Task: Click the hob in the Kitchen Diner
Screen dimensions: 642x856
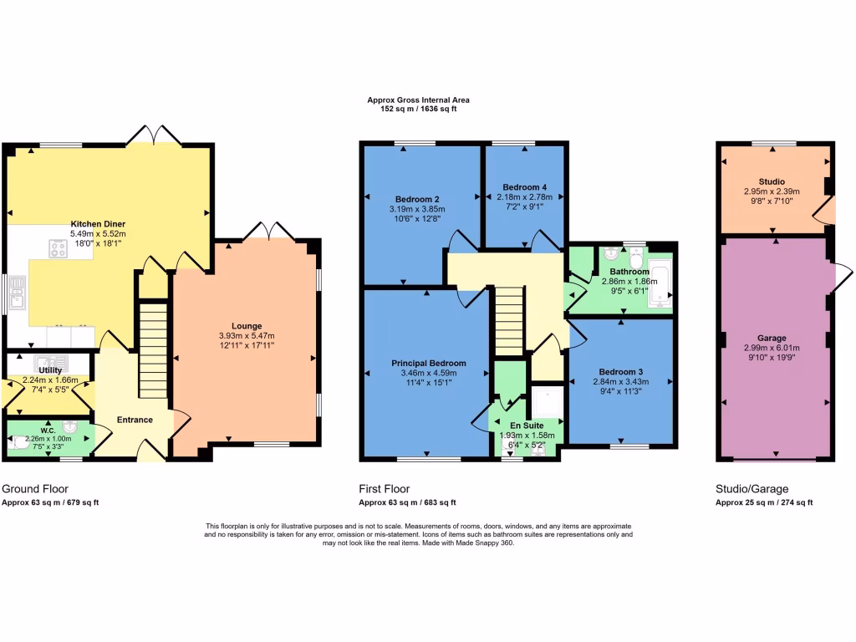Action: (x=59, y=247)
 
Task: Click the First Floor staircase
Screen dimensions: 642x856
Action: (x=507, y=322)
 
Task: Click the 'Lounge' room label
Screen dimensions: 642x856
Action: (x=247, y=326)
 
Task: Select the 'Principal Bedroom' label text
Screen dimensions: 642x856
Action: (x=429, y=364)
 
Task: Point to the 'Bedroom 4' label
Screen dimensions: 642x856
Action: (x=524, y=186)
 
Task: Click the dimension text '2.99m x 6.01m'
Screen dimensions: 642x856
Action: (x=772, y=349)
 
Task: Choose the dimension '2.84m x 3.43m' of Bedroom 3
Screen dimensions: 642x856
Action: (x=620, y=381)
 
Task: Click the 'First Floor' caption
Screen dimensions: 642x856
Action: (x=385, y=489)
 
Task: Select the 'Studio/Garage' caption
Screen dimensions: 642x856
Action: (x=752, y=489)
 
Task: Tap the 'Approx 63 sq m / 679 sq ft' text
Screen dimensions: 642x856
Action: (x=50, y=502)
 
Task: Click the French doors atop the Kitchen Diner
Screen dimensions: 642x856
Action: (x=159, y=134)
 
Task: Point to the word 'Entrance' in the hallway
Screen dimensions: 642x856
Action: (x=135, y=420)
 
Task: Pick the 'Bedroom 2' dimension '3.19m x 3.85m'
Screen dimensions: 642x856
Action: (x=417, y=209)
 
